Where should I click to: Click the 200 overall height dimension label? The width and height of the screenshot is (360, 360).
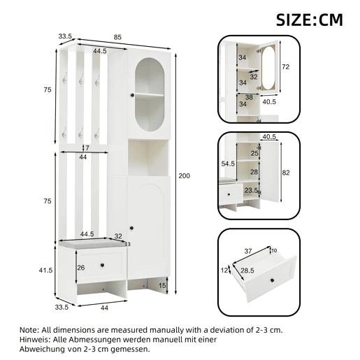184,175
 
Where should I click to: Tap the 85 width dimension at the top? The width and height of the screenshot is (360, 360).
117,37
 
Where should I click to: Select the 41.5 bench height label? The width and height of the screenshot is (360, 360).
45,271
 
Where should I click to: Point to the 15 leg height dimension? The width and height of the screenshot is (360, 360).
162,285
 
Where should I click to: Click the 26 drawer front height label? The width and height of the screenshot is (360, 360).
81,268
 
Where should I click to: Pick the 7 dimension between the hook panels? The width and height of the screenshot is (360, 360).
87,147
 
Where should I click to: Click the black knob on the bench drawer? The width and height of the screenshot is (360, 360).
102,265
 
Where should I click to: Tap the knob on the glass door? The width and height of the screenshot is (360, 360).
132,95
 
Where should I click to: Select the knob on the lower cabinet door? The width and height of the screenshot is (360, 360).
131,228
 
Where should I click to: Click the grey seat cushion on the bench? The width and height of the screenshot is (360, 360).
92,243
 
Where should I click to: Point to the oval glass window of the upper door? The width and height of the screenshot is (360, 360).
150,94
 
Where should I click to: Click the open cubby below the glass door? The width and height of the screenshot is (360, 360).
148,157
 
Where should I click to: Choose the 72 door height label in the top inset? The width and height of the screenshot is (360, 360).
285,67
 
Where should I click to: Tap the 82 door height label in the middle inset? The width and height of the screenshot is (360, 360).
286,173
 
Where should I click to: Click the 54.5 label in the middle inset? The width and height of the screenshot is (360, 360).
228,164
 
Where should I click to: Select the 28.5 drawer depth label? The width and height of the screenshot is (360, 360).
247,271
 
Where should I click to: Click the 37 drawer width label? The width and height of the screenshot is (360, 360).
248,251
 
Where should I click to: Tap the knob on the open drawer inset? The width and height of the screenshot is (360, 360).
272,280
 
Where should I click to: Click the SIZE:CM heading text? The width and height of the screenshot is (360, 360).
310,20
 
